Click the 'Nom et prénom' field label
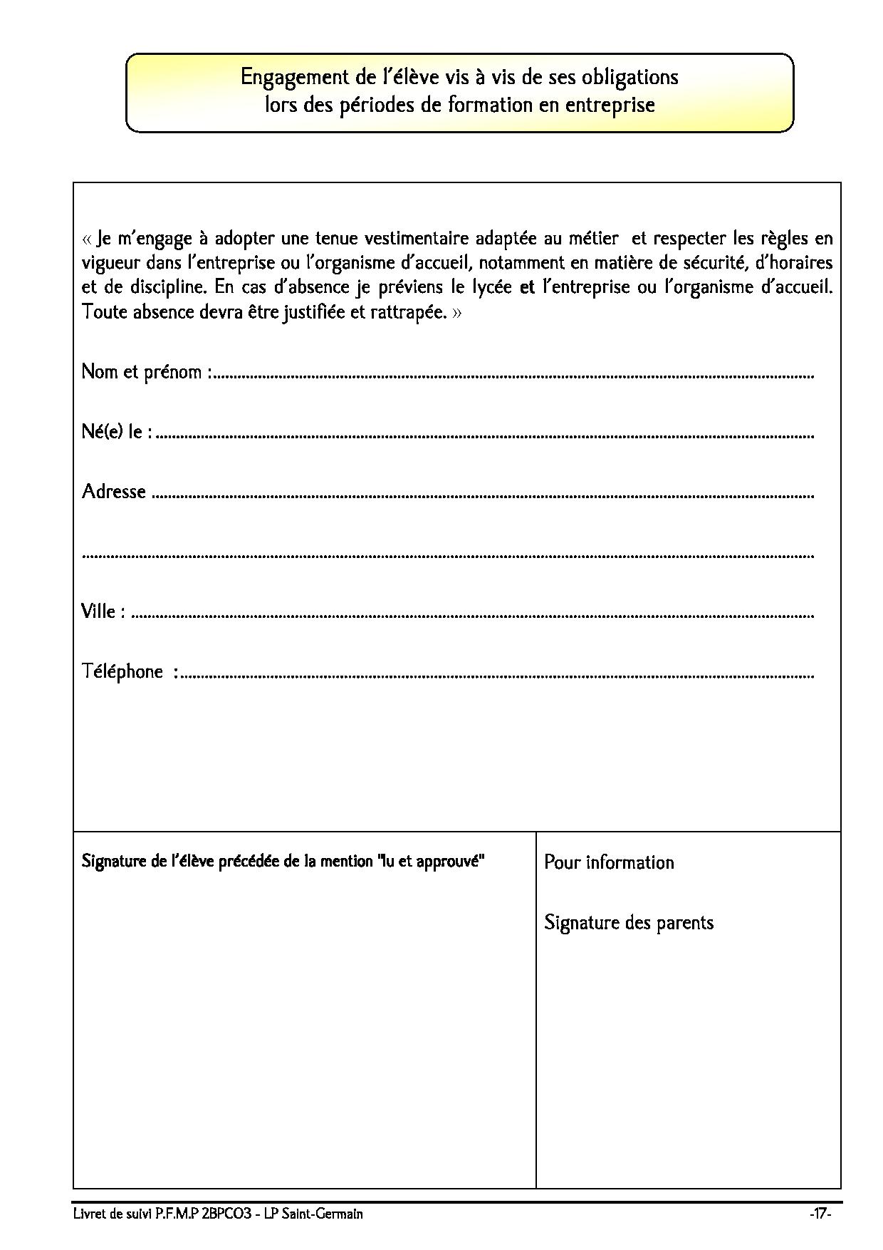(145, 372)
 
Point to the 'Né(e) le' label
(115, 432)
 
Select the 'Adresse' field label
(114, 492)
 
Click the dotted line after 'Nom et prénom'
(513, 375)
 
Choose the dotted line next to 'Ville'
(474, 614)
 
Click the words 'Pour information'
(609, 862)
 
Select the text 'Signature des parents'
(629, 923)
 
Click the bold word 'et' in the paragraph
(528, 287)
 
